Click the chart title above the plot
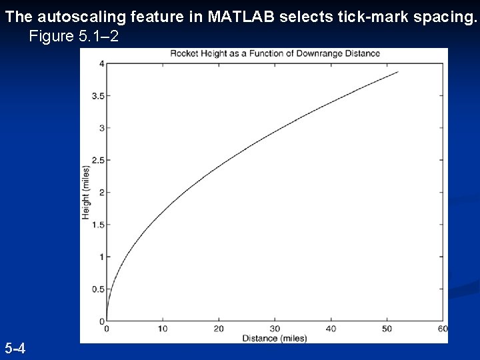click(x=275, y=53)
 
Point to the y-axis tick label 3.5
click(x=97, y=96)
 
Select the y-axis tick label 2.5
click(x=97, y=160)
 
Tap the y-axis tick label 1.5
click(x=97, y=225)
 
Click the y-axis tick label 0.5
click(x=97, y=289)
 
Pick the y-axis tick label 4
click(x=101, y=64)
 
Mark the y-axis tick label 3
click(x=101, y=128)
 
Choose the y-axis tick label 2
click(x=101, y=193)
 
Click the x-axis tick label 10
click(x=163, y=329)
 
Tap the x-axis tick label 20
click(x=219, y=329)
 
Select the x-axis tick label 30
click(x=275, y=329)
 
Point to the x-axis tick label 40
click(x=331, y=329)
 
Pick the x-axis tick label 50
click(x=387, y=329)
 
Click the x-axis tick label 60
click(x=443, y=329)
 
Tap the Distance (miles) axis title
click(x=275, y=338)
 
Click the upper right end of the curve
click(x=398, y=72)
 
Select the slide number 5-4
click(x=15, y=348)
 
